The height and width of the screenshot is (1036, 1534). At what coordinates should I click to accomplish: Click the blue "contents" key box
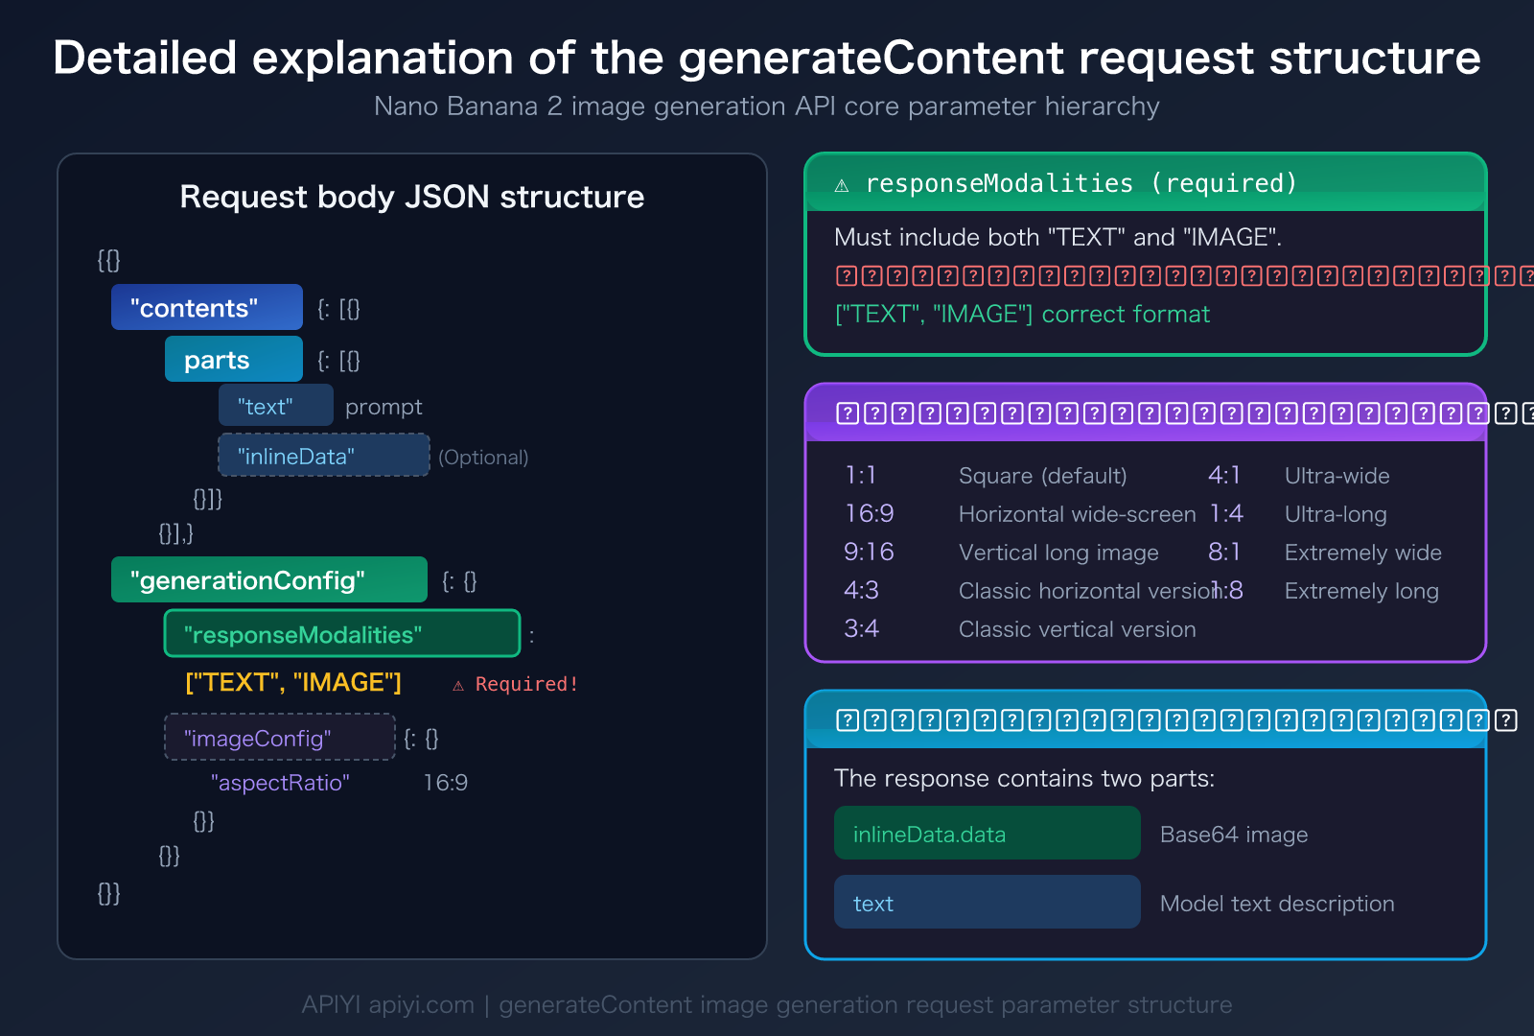click(x=206, y=308)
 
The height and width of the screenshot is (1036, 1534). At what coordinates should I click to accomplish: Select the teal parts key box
click(x=233, y=360)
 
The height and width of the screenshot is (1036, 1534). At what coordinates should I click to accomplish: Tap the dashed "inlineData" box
click(x=323, y=456)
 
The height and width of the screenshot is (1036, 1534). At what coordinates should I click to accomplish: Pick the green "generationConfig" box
click(x=268, y=580)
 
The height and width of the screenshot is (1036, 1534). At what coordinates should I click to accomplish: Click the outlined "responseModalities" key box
click(x=341, y=634)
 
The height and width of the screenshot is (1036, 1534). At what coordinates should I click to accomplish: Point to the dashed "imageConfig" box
click(x=279, y=738)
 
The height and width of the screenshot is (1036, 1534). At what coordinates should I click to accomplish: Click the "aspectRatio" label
click(x=280, y=783)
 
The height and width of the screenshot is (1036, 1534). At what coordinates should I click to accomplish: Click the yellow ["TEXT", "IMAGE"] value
click(x=293, y=682)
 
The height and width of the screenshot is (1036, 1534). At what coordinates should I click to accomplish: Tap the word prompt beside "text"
click(x=383, y=407)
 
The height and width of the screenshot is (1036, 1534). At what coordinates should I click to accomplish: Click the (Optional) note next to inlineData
click(x=483, y=458)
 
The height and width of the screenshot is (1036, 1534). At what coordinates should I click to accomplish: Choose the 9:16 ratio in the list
click(x=869, y=552)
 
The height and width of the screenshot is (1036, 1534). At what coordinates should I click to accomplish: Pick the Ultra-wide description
click(x=1336, y=476)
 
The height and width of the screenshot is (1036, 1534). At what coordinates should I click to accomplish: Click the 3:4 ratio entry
click(x=861, y=628)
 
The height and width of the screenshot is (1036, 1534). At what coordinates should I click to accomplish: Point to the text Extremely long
click(x=1361, y=591)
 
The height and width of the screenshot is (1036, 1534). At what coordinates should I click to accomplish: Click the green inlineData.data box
click(x=987, y=834)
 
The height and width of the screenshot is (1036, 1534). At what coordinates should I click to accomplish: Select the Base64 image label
click(x=1234, y=835)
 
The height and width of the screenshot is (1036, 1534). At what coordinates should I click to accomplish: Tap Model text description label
click(x=1277, y=904)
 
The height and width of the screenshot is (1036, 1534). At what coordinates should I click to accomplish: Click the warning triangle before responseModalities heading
click(x=842, y=185)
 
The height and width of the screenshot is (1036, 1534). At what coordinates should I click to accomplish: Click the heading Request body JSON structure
click(x=412, y=197)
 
